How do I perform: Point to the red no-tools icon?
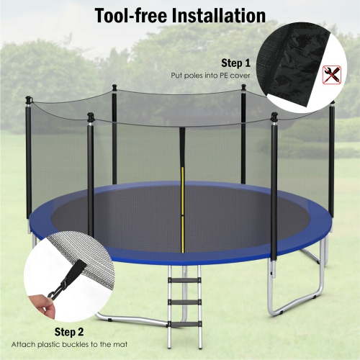pyautogui.click(x=333, y=73)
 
